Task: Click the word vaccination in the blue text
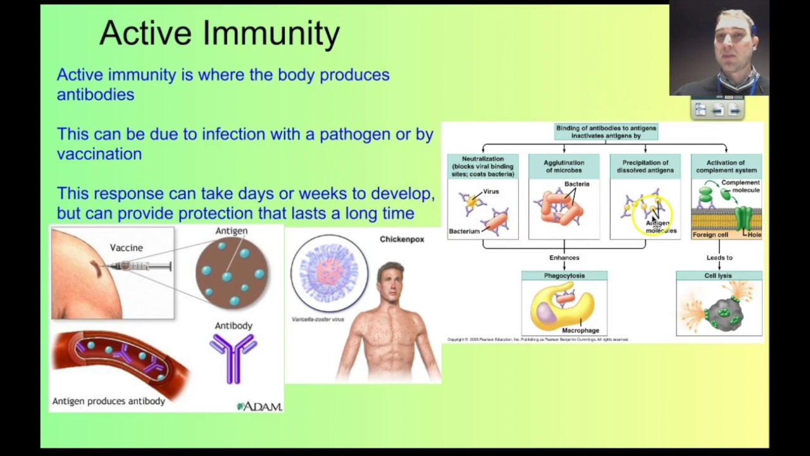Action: coord(99,154)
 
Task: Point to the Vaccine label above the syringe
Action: coord(127,248)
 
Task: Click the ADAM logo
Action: coord(259,407)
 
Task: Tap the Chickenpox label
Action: coord(402,239)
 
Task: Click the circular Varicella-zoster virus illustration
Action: coord(329,272)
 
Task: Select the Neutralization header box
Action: coord(483,167)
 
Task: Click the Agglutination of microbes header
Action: coord(564,167)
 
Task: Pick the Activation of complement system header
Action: coord(726,167)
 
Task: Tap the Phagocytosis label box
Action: coord(564,275)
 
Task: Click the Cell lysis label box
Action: coord(718,275)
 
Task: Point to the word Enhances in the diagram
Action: coord(564,258)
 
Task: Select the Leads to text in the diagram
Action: coord(720,258)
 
